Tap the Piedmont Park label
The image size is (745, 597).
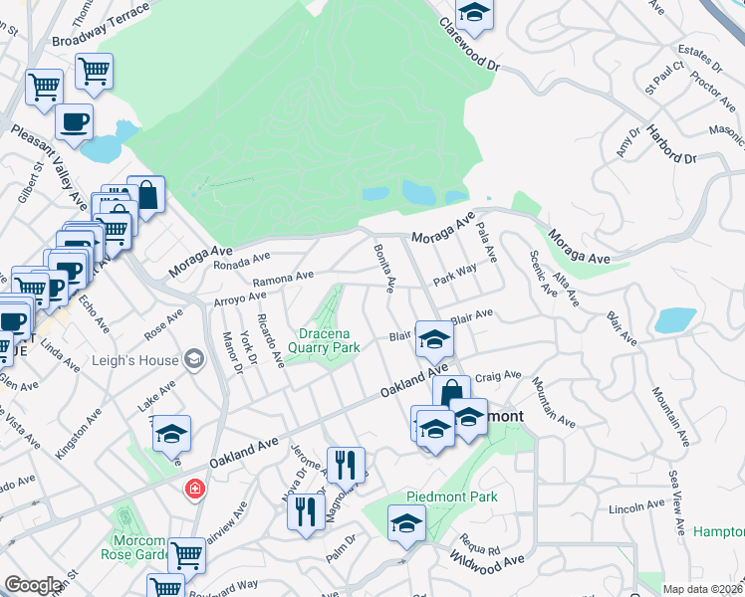[451, 497]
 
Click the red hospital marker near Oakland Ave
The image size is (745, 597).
[195, 490]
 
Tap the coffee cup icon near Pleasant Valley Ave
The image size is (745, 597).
[75, 123]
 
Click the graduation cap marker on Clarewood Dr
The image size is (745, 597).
[475, 13]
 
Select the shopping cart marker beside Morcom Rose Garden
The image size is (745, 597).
[185, 555]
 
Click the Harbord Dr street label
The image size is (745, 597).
[668, 145]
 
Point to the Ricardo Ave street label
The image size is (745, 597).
[271, 339]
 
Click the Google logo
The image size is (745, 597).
[33, 585]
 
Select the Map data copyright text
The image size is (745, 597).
[702, 589]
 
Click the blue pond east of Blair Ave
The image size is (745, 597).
[675, 320]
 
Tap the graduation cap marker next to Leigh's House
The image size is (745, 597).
[171, 433]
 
